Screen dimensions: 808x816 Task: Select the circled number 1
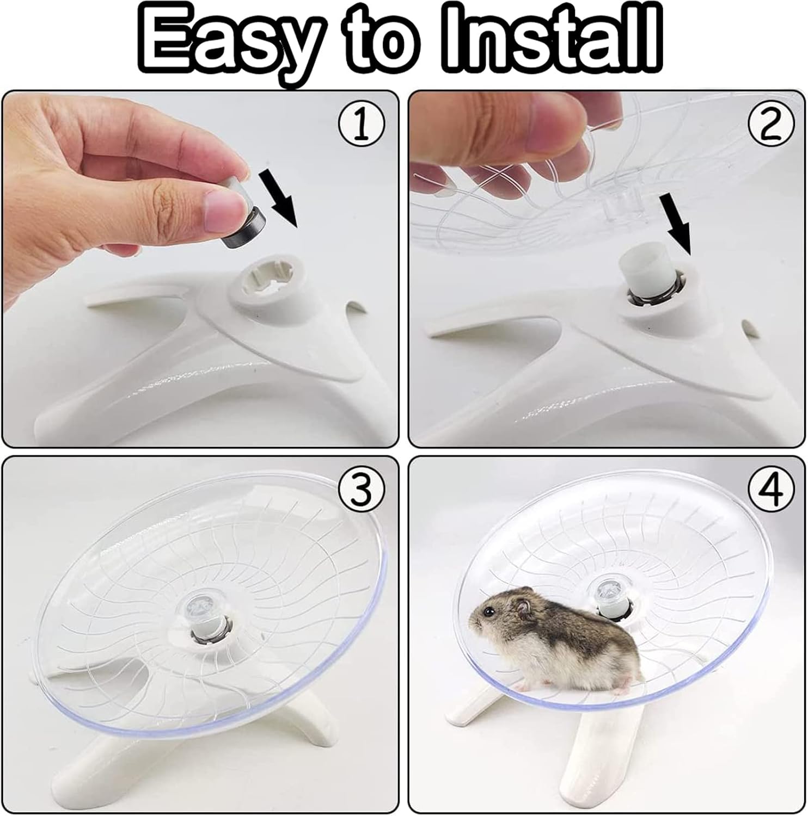pyautogui.click(x=362, y=125)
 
